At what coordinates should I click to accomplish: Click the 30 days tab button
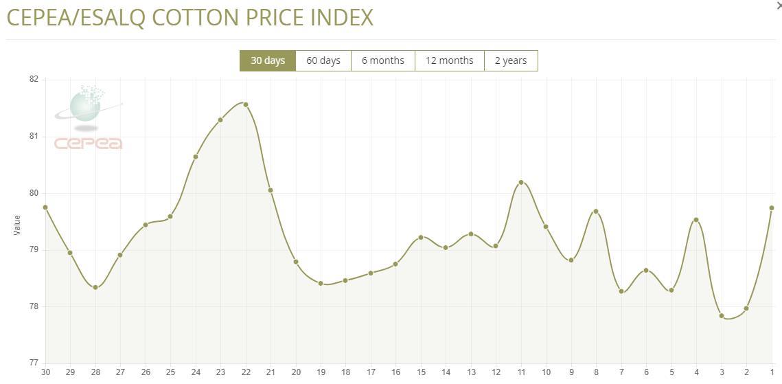pos(267,60)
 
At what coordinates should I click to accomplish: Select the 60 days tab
pos(323,60)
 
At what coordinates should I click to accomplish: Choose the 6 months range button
pos(382,60)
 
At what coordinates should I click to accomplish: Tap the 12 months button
pos(449,60)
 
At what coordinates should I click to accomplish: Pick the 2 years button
pos(511,60)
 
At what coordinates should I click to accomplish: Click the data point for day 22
pos(246,104)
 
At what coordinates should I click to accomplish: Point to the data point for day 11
pos(521,182)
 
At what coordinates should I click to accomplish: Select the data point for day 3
pos(722,316)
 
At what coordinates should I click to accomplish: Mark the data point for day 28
pos(95,287)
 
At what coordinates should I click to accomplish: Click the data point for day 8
pos(596,211)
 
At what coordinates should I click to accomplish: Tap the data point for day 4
pos(696,220)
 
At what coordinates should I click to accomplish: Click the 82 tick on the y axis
pos(33,80)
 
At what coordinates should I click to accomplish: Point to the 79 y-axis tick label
pos(33,250)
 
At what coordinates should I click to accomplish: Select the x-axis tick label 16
pos(396,372)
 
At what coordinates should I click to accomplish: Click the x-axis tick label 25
pos(170,372)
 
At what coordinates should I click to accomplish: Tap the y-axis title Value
pos(18,225)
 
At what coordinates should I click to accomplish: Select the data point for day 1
pos(772,207)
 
